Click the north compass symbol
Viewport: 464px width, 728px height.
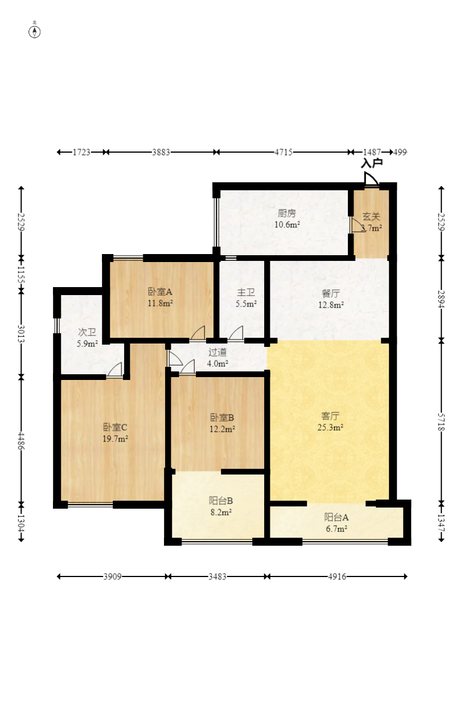click(34, 32)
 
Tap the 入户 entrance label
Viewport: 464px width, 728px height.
click(371, 163)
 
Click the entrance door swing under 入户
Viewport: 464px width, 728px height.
click(371, 179)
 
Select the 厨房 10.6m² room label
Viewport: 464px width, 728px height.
click(287, 219)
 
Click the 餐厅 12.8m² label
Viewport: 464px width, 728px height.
click(331, 299)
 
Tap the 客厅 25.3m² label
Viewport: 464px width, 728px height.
click(330, 422)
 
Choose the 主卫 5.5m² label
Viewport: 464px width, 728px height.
click(246, 298)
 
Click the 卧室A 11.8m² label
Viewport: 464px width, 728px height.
click(160, 297)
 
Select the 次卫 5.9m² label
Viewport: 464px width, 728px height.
click(87, 338)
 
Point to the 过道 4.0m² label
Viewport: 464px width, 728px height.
click(217, 358)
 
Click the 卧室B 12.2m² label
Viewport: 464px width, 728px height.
click(222, 423)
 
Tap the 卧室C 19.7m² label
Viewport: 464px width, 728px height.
click(115, 433)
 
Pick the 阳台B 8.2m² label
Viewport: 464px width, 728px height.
click(221, 506)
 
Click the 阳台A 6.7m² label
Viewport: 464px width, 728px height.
click(336, 523)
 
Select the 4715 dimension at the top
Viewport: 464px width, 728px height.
click(284, 152)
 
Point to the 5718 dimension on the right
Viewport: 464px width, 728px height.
click(441, 422)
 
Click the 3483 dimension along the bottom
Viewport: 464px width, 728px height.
click(217, 576)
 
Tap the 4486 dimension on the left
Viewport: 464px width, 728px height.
click(21, 441)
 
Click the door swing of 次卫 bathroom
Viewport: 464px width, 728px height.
click(115, 370)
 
